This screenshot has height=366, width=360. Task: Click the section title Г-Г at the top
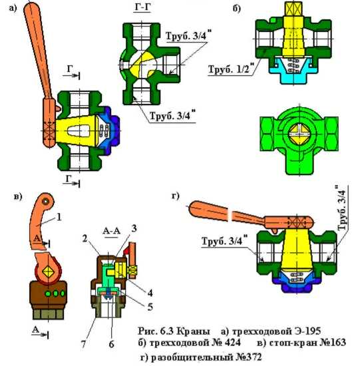tap(142, 7)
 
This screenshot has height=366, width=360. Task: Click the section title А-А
tap(111, 231)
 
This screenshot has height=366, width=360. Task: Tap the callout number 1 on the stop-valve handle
tap(59, 217)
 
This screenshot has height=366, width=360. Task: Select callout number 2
tap(85, 238)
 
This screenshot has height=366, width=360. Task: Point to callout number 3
tap(134, 228)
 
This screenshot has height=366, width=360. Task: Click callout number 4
tap(150, 293)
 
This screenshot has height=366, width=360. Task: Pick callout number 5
tap(150, 307)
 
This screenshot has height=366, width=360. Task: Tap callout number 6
tap(112, 344)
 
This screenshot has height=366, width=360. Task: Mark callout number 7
tap(84, 344)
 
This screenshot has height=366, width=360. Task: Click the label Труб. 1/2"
tap(230, 69)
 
